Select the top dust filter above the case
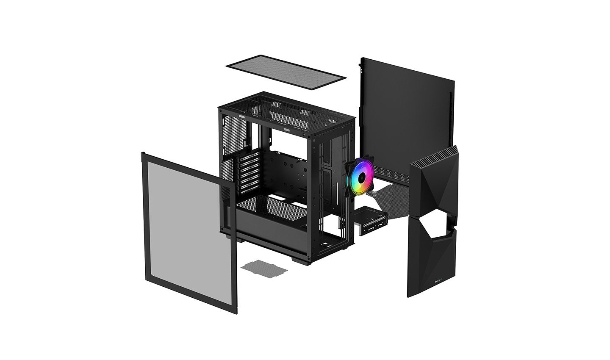(x=286, y=72)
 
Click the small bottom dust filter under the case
(x=263, y=268)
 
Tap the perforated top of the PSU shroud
(x=271, y=208)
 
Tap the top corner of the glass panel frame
(x=143, y=155)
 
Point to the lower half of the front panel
(x=432, y=263)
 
